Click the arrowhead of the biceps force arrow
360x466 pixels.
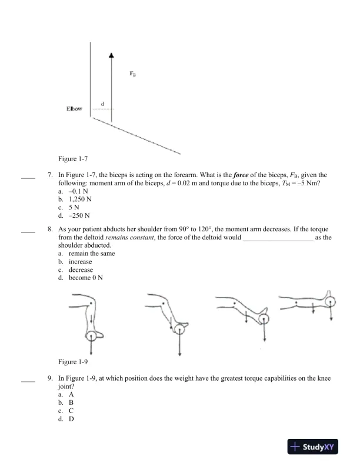click(x=111, y=55)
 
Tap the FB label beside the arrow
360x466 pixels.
click(x=132, y=74)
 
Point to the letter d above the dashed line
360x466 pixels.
click(x=103, y=104)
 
